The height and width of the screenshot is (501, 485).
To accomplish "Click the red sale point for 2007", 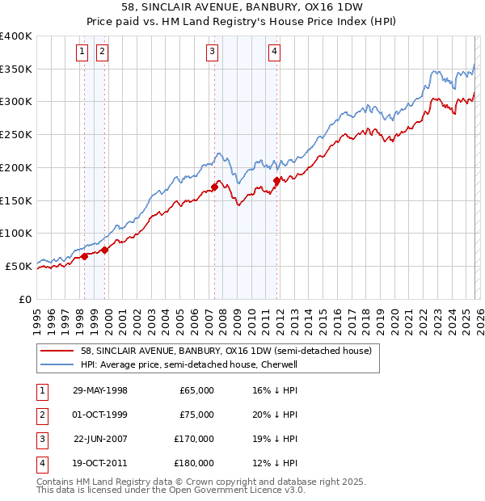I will tap(214, 187).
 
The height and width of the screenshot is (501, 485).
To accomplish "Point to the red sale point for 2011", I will tap(276, 180).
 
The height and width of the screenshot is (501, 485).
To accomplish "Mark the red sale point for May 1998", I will tap(85, 256).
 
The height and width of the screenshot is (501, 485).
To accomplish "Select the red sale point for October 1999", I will tap(104, 250).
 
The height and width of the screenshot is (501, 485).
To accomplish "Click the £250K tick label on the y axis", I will tap(16, 134).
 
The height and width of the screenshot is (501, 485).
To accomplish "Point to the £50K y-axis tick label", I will tap(19, 266).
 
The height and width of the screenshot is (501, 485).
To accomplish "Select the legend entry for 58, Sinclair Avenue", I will tap(226, 352).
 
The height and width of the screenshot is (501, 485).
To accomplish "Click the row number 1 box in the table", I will tap(40, 390).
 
